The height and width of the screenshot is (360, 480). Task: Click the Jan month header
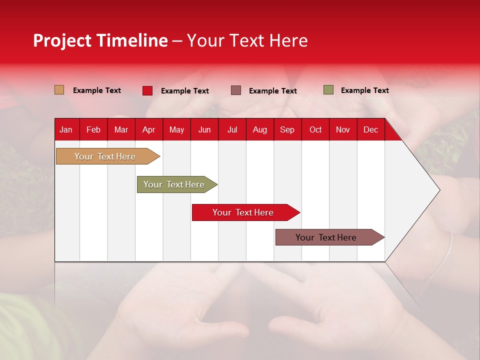66,129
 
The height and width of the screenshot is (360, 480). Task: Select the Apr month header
148,129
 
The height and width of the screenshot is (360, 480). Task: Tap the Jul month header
232,129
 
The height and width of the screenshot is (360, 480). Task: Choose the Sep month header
287,129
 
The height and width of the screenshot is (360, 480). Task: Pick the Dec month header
370,129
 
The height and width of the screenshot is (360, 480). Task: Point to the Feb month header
93,129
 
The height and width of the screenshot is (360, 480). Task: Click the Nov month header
343,129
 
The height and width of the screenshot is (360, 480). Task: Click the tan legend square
59,90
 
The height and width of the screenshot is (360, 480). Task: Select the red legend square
147,90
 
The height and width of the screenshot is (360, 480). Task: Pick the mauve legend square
236,90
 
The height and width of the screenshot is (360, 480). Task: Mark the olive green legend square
328,90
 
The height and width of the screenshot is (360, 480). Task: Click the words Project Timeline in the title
100,40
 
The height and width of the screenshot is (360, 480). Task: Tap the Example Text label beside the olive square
364,90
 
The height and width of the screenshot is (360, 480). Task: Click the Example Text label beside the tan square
97,90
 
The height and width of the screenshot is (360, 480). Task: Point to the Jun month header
204,129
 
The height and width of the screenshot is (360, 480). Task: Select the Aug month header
259,129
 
